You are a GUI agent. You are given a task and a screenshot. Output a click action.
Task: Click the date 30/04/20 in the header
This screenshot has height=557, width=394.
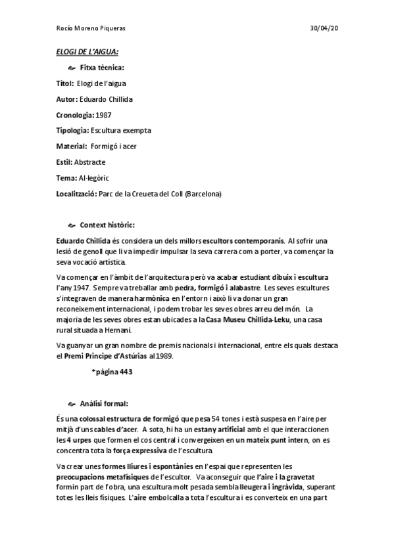click(x=325, y=29)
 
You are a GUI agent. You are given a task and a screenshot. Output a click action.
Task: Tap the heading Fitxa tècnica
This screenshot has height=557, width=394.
click(x=102, y=68)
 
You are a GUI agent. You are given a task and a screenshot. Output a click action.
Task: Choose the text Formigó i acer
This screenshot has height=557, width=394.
click(x=113, y=146)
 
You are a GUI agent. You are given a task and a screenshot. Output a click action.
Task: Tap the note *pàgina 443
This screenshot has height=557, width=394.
click(x=112, y=371)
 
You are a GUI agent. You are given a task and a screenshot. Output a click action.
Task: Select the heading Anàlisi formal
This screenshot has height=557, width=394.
click(x=104, y=403)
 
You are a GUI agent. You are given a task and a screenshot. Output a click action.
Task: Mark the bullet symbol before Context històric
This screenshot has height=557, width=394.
click(x=72, y=225)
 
